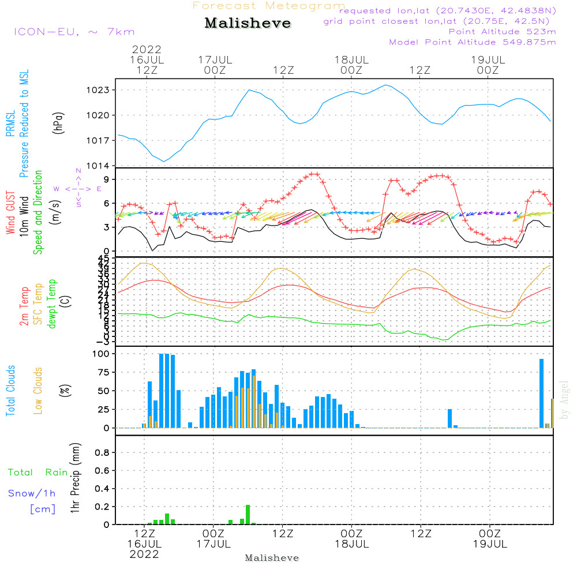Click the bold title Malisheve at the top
[248, 24]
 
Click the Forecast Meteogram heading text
[269, 6]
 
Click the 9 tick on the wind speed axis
[106, 179]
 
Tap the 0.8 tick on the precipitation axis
[102, 453]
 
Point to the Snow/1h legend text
[32, 493]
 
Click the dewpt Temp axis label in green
[53, 304]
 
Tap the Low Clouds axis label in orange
[39, 391]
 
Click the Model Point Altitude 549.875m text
[473, 42]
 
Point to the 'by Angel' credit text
[564, 399]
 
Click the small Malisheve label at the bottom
[272, 558]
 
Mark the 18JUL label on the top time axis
[351, 59]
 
